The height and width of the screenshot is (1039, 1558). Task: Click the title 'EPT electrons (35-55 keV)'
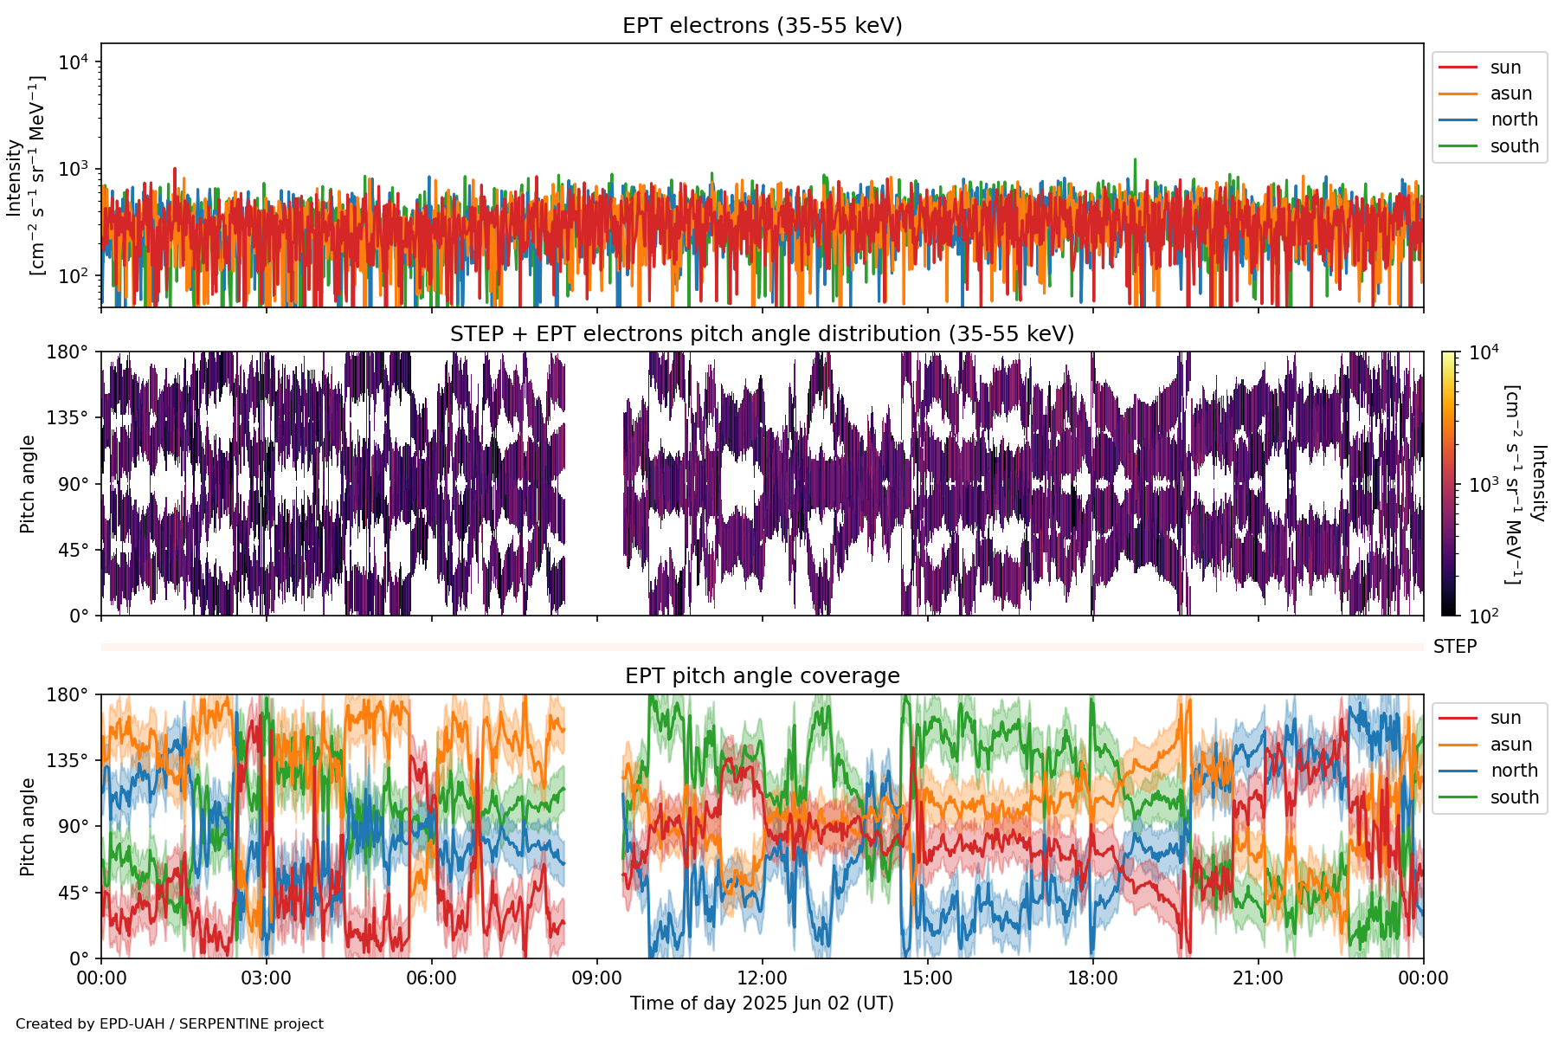(x=762, y=26)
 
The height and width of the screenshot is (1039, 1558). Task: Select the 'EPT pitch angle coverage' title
(x=762, y=676)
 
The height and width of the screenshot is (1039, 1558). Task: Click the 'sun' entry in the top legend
(x=1505, y=68)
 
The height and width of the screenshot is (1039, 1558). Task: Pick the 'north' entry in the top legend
(x=1514, y=119)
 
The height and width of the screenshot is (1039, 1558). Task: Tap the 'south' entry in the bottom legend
(x=1514, y=797)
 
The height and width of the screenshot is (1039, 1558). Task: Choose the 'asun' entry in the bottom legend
(x=1510, y=745)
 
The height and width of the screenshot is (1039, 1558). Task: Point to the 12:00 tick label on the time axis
(x=762, y=978)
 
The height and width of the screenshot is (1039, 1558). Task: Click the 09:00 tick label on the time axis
(x=596, y=978)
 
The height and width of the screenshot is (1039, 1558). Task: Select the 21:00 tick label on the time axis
(x=1258, y=978)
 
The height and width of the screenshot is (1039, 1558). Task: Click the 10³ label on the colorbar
(x=1484, y=485)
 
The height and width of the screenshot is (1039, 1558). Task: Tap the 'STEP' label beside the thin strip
(x=1454, y=647)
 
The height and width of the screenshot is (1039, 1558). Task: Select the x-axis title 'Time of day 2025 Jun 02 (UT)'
(x=762, y=1004)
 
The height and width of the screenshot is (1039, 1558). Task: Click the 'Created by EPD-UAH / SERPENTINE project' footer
(x=170, y=1024)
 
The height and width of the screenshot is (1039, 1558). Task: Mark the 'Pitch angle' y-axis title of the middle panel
(x=28, y=484)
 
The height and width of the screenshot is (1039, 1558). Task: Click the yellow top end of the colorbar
(x=1448, y=356)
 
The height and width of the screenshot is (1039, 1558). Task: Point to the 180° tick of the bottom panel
(x=68, y=695)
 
